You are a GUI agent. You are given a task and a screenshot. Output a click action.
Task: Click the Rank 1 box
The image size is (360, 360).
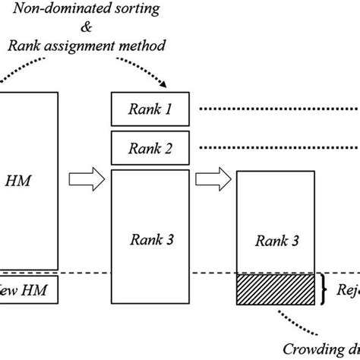tap(150, 109)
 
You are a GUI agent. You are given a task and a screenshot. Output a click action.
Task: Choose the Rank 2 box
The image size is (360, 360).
tap(150, 147)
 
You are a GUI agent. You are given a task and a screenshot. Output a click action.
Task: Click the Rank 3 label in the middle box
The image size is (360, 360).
tap(150, 240)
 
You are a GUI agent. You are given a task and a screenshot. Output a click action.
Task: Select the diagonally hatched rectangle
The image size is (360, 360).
tap(276, 289)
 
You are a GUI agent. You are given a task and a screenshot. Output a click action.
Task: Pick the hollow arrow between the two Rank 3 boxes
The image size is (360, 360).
tap(212, 180)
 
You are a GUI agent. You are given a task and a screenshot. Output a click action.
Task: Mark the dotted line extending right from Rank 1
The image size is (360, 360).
tap(277, 109)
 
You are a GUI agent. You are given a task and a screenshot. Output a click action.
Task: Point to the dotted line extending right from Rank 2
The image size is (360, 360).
tap(277, 147)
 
